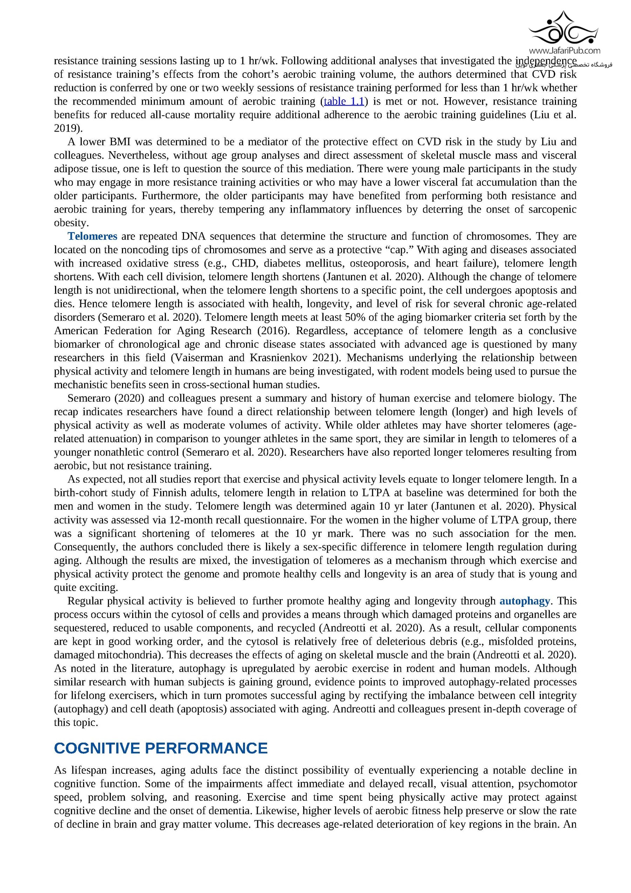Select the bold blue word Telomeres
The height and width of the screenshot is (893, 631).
pyautogui.click(x=92, y=236)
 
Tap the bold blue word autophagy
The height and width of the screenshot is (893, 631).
pyautogui.click(x=524, y=601)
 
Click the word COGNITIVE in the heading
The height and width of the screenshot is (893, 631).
pyautogui.click(x=97, y=748)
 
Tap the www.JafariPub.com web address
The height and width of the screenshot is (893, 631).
pyautogui.click(x=564, y=51)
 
